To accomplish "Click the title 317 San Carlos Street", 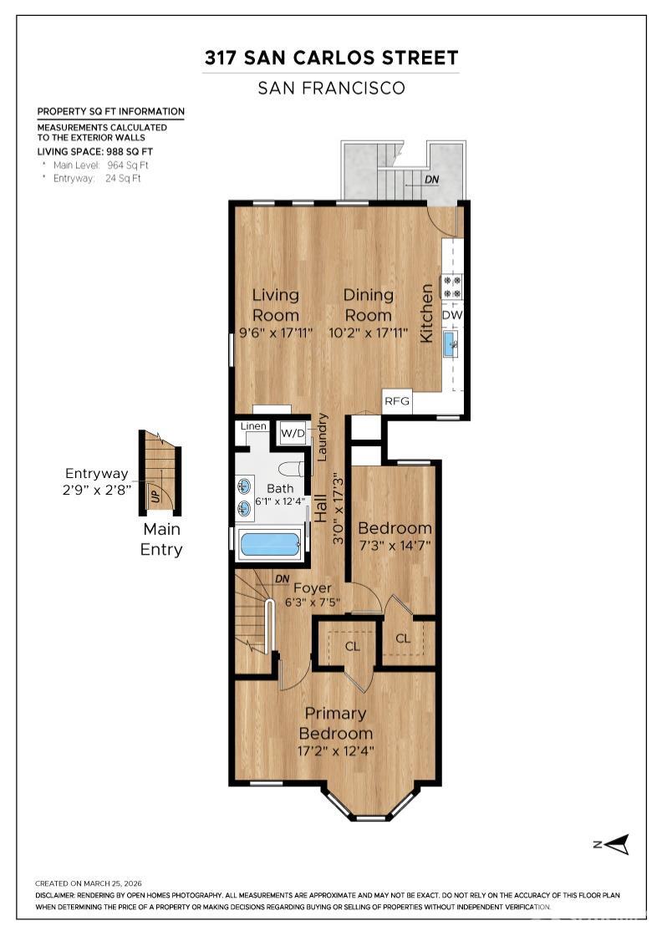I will point(331,58).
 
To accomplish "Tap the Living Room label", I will point(276,305).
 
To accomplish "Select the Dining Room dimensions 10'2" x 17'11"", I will point(369,333).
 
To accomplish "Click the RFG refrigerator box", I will point(397,401).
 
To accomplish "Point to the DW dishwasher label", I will point(452,315).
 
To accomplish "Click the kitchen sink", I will point(451,343).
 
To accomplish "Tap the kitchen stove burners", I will point(452,287).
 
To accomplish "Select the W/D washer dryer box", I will point(293,433).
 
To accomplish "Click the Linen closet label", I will point(253,426).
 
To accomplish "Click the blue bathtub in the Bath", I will point(269,545).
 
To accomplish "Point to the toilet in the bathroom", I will point(293,469).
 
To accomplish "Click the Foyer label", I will point(312,588).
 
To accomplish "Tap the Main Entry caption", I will point(161,539).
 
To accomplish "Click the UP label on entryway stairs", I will point(154,495).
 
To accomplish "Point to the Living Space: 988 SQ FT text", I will point(94,151).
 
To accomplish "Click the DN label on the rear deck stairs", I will point(432,180).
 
